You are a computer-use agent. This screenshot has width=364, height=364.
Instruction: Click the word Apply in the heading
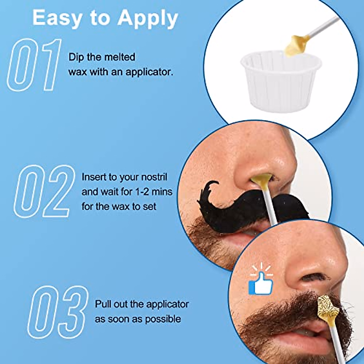click(x=148, y=18)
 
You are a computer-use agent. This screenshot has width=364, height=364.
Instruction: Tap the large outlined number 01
click(x=34, y=65)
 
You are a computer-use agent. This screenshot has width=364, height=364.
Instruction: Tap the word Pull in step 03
click(x=103, y=304)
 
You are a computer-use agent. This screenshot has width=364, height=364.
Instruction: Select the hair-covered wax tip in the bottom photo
click(x=328, y=308)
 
